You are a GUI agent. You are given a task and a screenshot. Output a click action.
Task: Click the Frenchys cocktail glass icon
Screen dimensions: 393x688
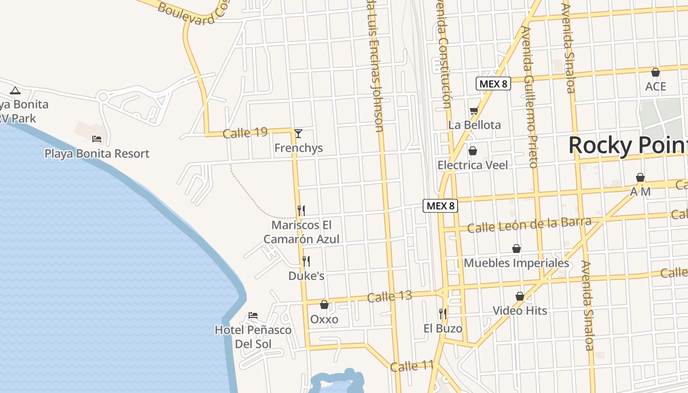coord(298,133)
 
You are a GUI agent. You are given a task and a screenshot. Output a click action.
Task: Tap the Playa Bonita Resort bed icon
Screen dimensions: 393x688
coord(97,139)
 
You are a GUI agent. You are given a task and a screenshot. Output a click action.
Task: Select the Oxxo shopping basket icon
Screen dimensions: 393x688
coord(324,305)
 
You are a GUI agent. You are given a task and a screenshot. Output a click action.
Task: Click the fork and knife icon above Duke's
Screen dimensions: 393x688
coord(306,261)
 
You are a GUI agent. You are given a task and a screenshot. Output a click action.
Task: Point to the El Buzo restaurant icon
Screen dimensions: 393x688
coord(443,313)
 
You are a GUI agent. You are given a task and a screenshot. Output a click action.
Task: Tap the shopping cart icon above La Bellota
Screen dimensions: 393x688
coord(474,111)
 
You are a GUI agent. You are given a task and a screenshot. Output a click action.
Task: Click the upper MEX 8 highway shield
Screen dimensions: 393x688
coord(493,84)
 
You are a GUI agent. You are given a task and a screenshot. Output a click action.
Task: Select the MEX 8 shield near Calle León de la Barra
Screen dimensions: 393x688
coord(440,206)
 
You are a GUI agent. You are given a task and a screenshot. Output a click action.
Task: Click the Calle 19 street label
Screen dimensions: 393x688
coord(245,133)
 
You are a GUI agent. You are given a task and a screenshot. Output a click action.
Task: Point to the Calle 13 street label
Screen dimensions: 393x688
coord(389,297)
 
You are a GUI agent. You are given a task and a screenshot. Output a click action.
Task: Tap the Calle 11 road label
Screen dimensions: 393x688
coord(412,366)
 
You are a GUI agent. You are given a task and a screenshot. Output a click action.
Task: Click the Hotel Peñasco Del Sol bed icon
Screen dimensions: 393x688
coord(253,315)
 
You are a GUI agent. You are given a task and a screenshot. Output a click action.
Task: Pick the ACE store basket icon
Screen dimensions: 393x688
coord(655,72)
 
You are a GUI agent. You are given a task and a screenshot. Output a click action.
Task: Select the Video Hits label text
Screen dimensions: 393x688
coord(519,310)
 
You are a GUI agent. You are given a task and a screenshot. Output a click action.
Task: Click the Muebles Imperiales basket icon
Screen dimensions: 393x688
coord(516,249)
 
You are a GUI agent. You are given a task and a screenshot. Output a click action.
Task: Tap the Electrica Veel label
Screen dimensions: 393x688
coord(473,165)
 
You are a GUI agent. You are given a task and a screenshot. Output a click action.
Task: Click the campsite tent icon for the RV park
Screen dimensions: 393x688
coord(15,90)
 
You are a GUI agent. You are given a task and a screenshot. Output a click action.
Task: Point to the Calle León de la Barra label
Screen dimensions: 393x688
coord(529,225)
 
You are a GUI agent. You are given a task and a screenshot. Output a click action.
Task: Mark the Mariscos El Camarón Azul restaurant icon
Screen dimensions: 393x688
coord(301,210)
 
